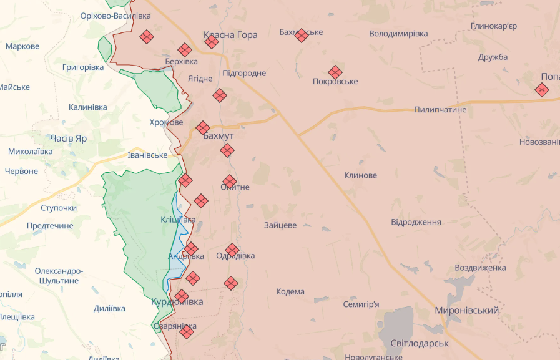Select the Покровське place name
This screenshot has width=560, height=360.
tap(335, 82)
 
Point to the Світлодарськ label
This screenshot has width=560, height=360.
tap(420, 344)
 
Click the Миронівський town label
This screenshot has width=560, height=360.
tap(467, 310)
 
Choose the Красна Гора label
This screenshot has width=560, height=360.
tap(230, 35)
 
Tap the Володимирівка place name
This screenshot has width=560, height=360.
tap(398, 33)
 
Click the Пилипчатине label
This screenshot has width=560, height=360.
tap(440, 110)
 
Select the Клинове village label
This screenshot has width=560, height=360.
tap(360, 175)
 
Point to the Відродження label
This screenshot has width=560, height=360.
tap(416, 222)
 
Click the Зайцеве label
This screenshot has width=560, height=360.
tap(280, 225)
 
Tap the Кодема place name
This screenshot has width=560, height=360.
tap(290, 291)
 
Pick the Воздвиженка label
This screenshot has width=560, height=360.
tap(480, 268)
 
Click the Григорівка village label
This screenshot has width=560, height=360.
tap(83, 67)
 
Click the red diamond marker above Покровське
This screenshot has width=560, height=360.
tap(335, 72)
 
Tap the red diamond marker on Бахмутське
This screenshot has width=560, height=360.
tap(302, 35)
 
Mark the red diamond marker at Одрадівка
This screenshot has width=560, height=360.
tap(232, 250)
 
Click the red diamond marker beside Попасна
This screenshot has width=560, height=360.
tap(541, 90)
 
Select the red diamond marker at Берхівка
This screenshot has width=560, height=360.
tap(184, 50)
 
